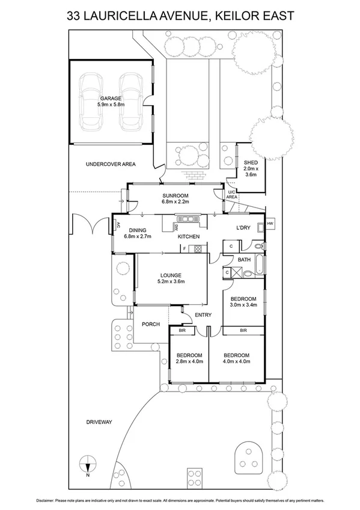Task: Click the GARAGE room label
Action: click(x=111, y=98)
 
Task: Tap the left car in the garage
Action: click(x=91, y=102)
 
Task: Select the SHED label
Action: click(x=251, y=162)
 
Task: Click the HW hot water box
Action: click(x=270, y=224)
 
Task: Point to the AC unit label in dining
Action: click(x=118, y=224)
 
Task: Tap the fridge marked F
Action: click(x=185, y=249)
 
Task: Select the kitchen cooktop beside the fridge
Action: click(x=198, y=249)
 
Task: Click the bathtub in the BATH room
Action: click(x=259, y=265)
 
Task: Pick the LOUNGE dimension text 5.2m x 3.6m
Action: click(x=171, y=281)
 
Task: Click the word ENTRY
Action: click(x=203, y=315)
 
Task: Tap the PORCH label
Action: click(x=151, y=324)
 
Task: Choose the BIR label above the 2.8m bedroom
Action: click(x=182, y=330)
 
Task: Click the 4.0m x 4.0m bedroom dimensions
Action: click(x=236, y=361)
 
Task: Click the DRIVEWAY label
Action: click(x=99, y=422)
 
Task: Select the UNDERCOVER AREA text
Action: click(x=111, y=164)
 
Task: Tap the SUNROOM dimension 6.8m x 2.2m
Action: click(x=175, y=201)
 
